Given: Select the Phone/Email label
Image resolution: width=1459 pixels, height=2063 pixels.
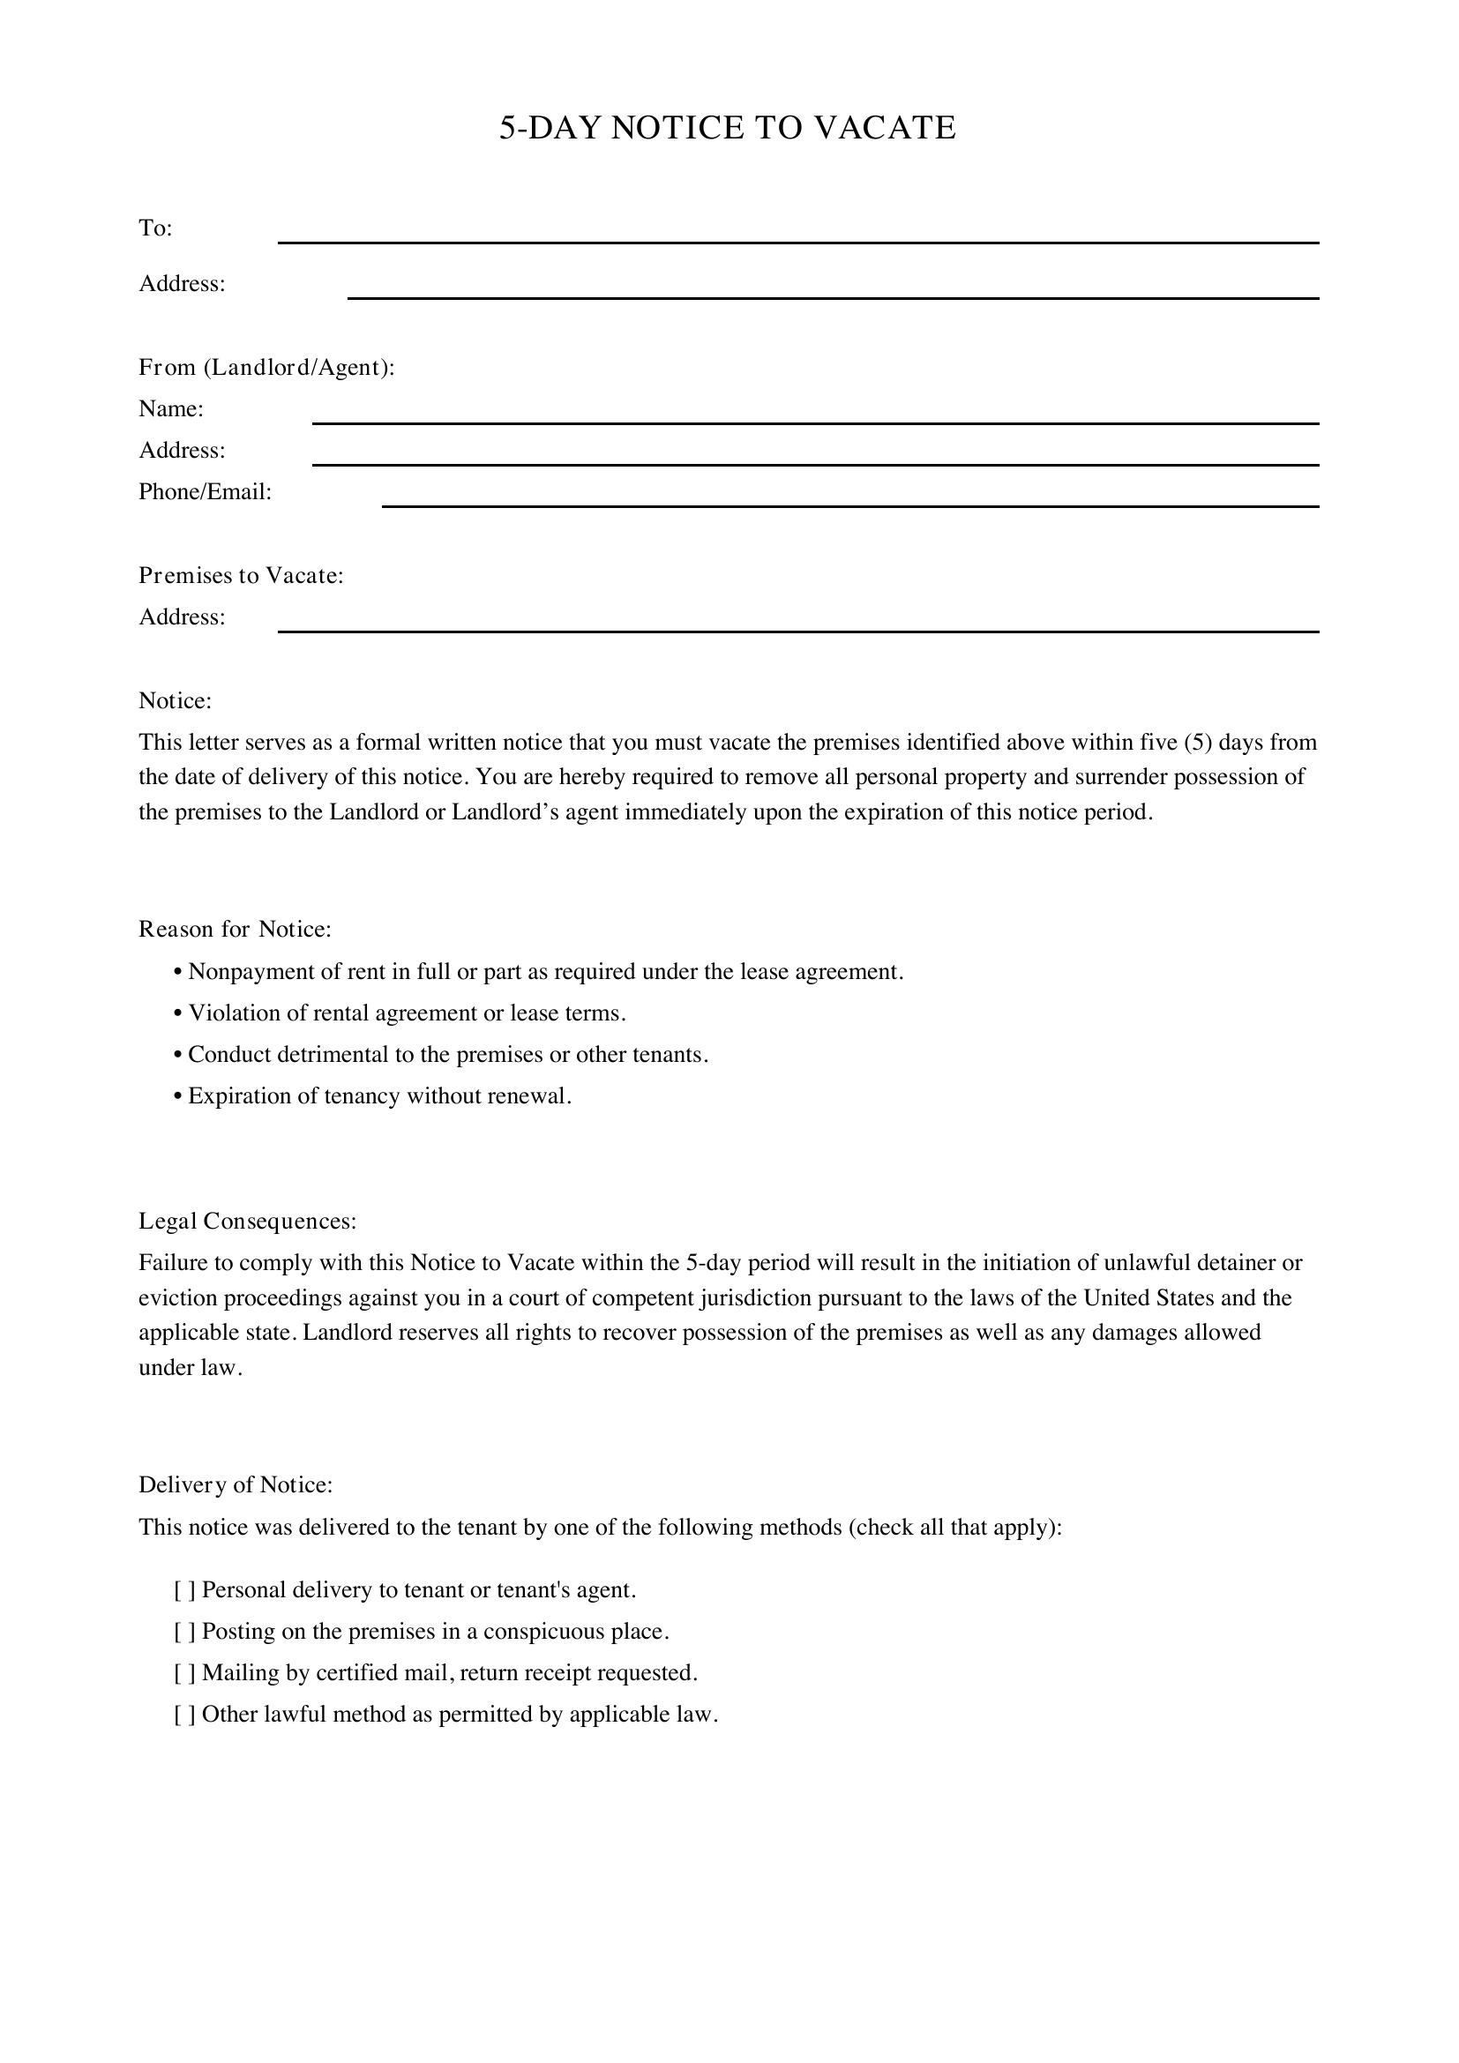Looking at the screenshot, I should click(x=205, y=492).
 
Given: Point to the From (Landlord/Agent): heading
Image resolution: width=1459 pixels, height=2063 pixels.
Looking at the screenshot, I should click(x=266, y=368).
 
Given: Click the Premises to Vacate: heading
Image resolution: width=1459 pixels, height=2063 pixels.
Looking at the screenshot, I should click(x=241, y=575).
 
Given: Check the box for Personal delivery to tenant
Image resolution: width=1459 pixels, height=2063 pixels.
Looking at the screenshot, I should click(x=184, y=1590).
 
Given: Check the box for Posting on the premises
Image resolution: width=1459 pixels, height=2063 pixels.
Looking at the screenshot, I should click(x=184, y=1632).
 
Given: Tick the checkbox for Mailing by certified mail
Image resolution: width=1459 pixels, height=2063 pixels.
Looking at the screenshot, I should click(x=184, y=1673).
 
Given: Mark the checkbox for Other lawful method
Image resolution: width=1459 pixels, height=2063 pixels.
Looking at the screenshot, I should click(x=184, y=1715).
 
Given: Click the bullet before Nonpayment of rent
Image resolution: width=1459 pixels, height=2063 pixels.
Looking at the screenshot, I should click(x=178, y=972).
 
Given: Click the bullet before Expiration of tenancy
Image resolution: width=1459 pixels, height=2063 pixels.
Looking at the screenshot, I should click(x=178, y=1096).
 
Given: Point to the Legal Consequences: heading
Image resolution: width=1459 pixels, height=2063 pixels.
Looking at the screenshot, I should click(x=247, y=1221).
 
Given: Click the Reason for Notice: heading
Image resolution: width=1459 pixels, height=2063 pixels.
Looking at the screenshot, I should click(x=235, y=929).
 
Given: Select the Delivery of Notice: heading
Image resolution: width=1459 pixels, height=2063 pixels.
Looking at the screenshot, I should click(x=236, y=1485).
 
